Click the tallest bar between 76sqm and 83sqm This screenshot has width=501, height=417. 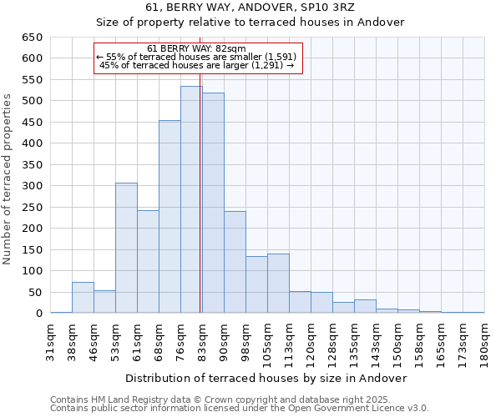pos(191,200)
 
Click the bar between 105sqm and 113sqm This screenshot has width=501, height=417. pos(278,284)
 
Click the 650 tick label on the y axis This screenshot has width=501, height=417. pos(31,38)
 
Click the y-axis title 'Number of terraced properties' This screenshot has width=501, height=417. pos(8,179)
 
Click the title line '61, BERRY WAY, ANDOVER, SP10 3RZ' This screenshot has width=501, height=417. pos(250,8)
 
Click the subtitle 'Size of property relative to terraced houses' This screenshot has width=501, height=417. pos(250,23)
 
